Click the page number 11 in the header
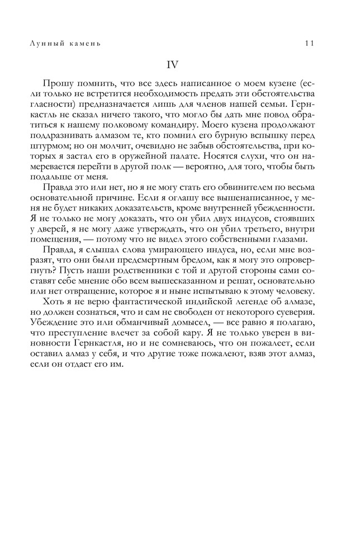pyautogui.click(x=311, y=43)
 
